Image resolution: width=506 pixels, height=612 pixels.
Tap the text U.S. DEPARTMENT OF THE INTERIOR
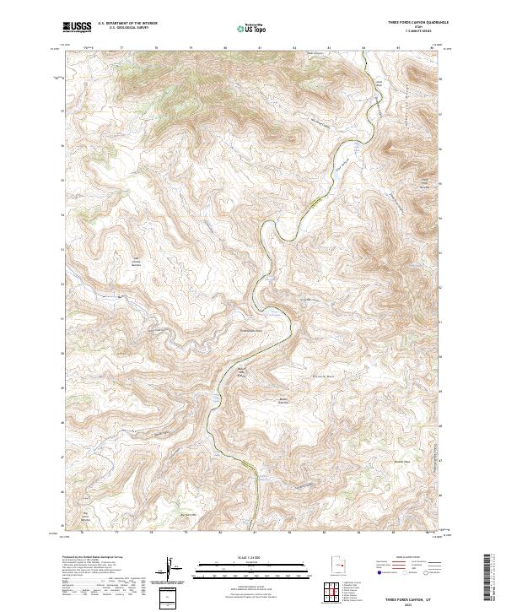127,24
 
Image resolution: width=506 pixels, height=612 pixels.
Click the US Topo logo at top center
253,27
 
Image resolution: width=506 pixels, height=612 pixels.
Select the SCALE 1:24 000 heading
253,557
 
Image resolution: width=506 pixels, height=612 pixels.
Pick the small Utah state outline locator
335,566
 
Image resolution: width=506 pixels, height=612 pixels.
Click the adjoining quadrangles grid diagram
335,593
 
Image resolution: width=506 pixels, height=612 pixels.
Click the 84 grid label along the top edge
363,49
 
